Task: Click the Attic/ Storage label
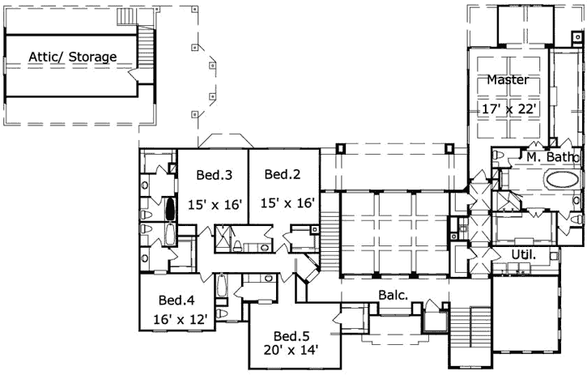(73, 58)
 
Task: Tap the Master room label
(508, 80)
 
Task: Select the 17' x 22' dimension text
(508, 107)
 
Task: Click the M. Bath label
(550, 156)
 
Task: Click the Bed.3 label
(215, 174)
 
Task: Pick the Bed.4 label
(176, 298)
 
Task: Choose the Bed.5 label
(290, 335)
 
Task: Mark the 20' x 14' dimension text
(290, 351)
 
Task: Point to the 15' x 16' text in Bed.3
(215, 204)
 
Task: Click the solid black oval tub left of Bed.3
(170, 210)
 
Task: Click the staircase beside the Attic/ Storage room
(146, 49)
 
